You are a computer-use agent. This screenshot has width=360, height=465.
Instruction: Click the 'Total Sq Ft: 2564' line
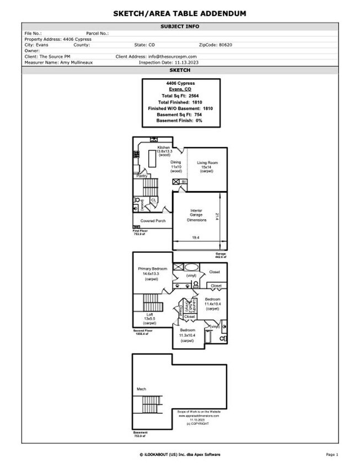click(x=181, y=96)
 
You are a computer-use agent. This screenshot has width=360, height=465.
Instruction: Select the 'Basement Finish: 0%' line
click(x=181, y=120)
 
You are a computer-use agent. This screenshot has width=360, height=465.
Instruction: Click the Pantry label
click(x=142, y=176)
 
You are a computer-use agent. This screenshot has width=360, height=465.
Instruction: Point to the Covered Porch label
click(x=152, y=221)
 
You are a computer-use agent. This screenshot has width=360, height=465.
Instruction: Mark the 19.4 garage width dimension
click(x=196, y=237)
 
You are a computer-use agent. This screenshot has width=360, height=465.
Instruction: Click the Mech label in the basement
click(x=141, y=389)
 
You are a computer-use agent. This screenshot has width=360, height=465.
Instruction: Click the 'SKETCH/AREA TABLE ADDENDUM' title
click(x=180, y=13)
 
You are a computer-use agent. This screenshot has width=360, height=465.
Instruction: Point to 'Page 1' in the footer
click(x=331, y=455)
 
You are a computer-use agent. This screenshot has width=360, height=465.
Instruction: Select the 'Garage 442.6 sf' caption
click(x=221, y=255)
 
